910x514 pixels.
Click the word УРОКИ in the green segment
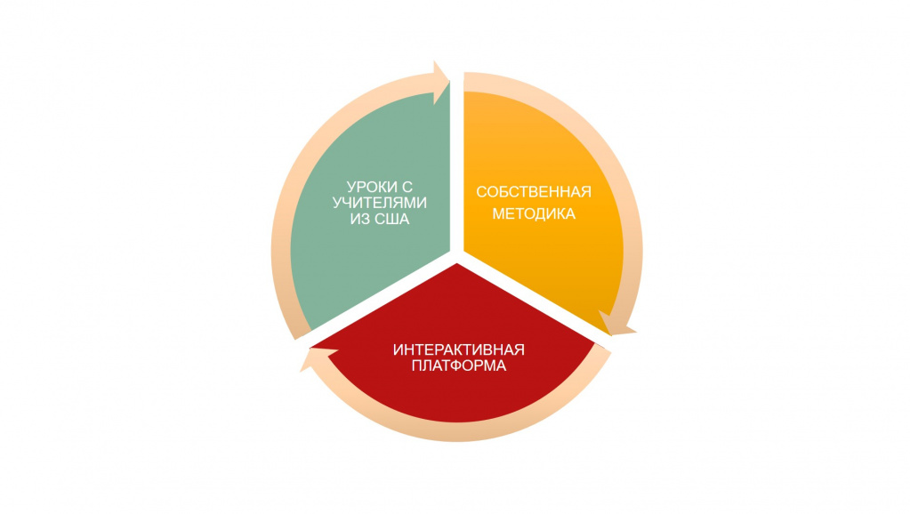(373, 187)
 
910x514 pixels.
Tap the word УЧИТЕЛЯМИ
(380, 203)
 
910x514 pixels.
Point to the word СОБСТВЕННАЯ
(534, 192)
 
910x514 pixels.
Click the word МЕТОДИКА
(534, 214)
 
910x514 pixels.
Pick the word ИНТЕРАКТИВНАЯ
(458, 349)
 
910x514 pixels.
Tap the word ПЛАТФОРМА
(458, 366)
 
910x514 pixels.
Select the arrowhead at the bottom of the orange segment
(616, 324)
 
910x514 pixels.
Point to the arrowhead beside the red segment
(318, 357)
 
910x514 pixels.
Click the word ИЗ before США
(360, 220)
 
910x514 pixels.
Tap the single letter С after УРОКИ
(407, 187)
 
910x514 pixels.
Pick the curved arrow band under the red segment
(458, 432)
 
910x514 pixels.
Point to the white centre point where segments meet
(456, 256)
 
